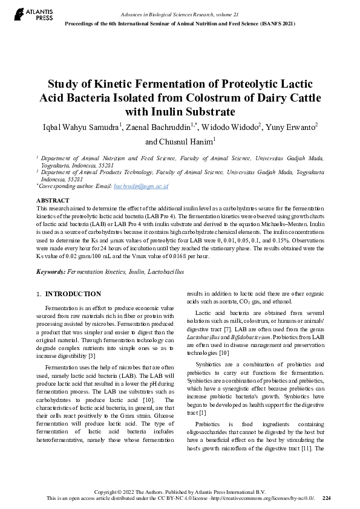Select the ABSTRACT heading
[53, 200]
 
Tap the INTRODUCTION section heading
[73, 294]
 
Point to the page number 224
[327, 498]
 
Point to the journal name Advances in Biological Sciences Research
[171, 13]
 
